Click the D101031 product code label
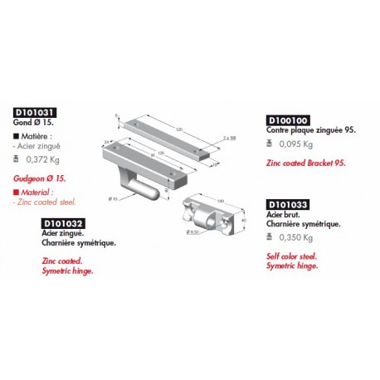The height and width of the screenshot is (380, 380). [x=34, y=113]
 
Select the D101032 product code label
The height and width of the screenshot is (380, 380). [x=62, y=223]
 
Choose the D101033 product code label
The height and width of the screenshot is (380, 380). [x=287, y=203]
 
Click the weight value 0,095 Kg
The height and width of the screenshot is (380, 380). [x=296, y=144]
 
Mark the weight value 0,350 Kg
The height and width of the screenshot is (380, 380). [x=296, y=237]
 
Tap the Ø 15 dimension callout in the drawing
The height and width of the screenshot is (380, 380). [x=114, y=198]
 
